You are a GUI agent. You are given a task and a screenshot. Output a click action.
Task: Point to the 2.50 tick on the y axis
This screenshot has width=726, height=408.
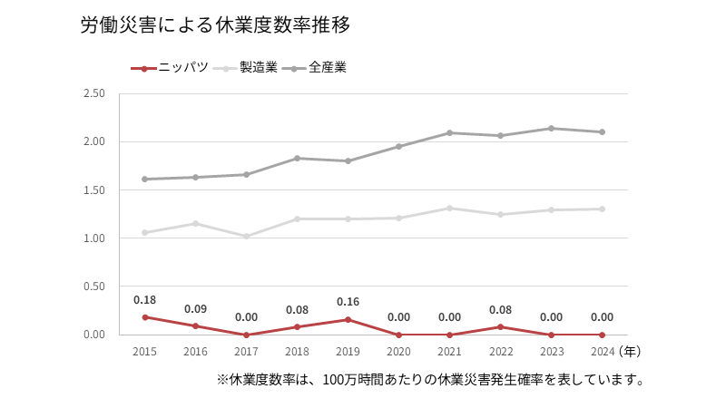[x=94, y=93]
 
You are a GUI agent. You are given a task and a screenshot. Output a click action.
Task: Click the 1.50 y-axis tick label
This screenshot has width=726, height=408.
[x=94, y=190]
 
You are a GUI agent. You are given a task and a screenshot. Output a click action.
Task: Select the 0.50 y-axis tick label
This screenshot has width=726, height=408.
[x=94, y=287]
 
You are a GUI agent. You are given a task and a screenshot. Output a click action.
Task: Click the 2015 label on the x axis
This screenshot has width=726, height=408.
[x=145, y=351]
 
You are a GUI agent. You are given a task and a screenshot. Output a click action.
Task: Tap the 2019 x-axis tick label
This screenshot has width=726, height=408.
[x=348, y=351]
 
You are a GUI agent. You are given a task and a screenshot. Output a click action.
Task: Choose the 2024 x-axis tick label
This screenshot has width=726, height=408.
[x=602, y=351]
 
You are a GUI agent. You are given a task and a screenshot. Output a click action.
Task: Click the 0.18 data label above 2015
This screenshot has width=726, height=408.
[x=145, y=300]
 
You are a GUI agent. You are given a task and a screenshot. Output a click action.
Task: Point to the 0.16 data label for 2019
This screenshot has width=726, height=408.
[x=348, y=302]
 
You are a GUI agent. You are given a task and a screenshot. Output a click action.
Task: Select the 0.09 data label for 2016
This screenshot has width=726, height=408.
[x=196, y=309]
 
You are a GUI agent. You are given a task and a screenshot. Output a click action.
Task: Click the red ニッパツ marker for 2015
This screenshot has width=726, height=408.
[x=145, y=317]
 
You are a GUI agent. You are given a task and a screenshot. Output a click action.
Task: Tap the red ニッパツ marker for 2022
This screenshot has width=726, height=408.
[x=500, y=327]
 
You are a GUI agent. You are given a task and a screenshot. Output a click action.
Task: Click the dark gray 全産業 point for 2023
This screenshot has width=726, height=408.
[x=551, y=128]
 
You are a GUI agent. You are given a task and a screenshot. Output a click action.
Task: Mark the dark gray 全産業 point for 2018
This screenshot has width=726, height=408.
[x=298, y=158]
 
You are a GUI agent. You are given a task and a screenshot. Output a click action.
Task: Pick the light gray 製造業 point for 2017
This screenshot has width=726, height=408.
[x=247, y=236]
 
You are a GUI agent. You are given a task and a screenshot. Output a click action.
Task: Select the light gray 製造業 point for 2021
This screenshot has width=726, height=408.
[x=449, y=208]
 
